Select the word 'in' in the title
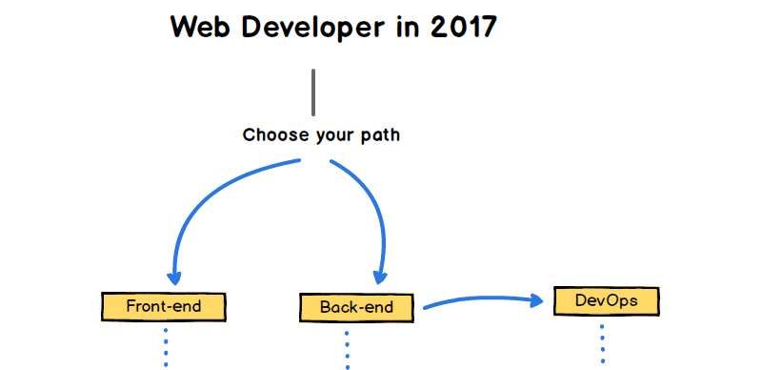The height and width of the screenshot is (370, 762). pyautogui.click(x=403, y=27)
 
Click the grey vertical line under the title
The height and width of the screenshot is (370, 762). pyautogui.click(x=312, y=92)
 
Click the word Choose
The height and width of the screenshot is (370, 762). pyautogui.click(x=271, y=135)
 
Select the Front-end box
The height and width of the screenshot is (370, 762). pyautogui.click(x=164, y=307)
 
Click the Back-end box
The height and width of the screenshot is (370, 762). pyautogui.click(x=358, y=307)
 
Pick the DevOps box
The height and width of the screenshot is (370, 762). pyautogui.click(x=607, y=301)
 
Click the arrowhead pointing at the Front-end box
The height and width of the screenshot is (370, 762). pyautogui.click(x=173, y=277)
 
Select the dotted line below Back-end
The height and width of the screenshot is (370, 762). pyautogui.click(x=347, y=349)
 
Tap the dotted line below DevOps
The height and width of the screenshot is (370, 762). pyautogui.click(x=603, y=342)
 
